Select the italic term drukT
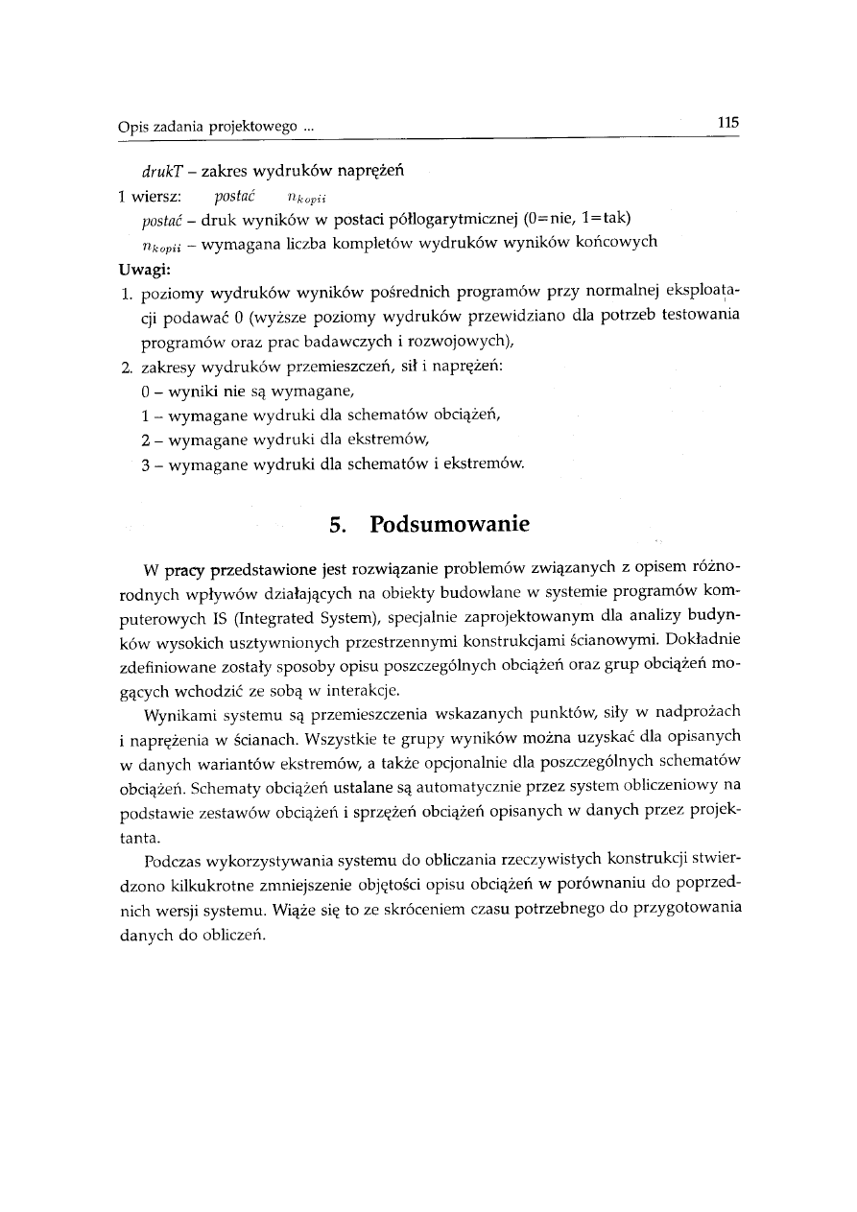159,172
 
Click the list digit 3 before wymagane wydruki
144,464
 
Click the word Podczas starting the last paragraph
176,857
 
